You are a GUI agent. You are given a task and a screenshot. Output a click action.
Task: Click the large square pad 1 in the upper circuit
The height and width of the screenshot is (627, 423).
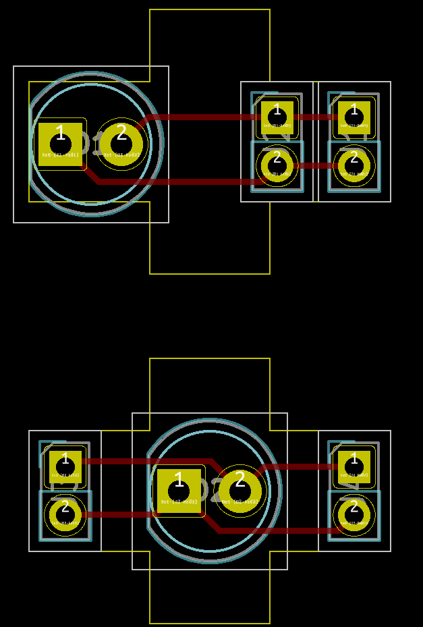60,143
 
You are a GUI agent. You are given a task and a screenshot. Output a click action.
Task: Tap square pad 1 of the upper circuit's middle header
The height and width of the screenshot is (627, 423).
277,117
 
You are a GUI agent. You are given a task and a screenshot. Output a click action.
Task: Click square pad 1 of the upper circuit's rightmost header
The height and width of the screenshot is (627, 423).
354,117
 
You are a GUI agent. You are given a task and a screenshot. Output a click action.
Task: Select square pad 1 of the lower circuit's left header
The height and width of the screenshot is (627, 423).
65,466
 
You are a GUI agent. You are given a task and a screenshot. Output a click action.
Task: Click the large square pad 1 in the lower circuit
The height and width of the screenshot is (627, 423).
179,491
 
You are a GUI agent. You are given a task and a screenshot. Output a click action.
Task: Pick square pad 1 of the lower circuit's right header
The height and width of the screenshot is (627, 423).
354,466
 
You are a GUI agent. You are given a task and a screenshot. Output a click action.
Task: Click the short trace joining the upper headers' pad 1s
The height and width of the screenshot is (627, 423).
316,117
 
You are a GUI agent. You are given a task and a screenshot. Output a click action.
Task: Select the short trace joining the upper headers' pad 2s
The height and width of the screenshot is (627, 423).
316,165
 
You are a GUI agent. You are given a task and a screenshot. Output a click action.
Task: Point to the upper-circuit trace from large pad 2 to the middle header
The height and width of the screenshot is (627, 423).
202,117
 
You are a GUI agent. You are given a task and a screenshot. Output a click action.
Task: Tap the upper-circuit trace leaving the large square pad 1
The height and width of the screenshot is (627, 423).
175,182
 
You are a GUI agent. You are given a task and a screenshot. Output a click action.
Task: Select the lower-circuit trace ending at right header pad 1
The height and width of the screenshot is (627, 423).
297,466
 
